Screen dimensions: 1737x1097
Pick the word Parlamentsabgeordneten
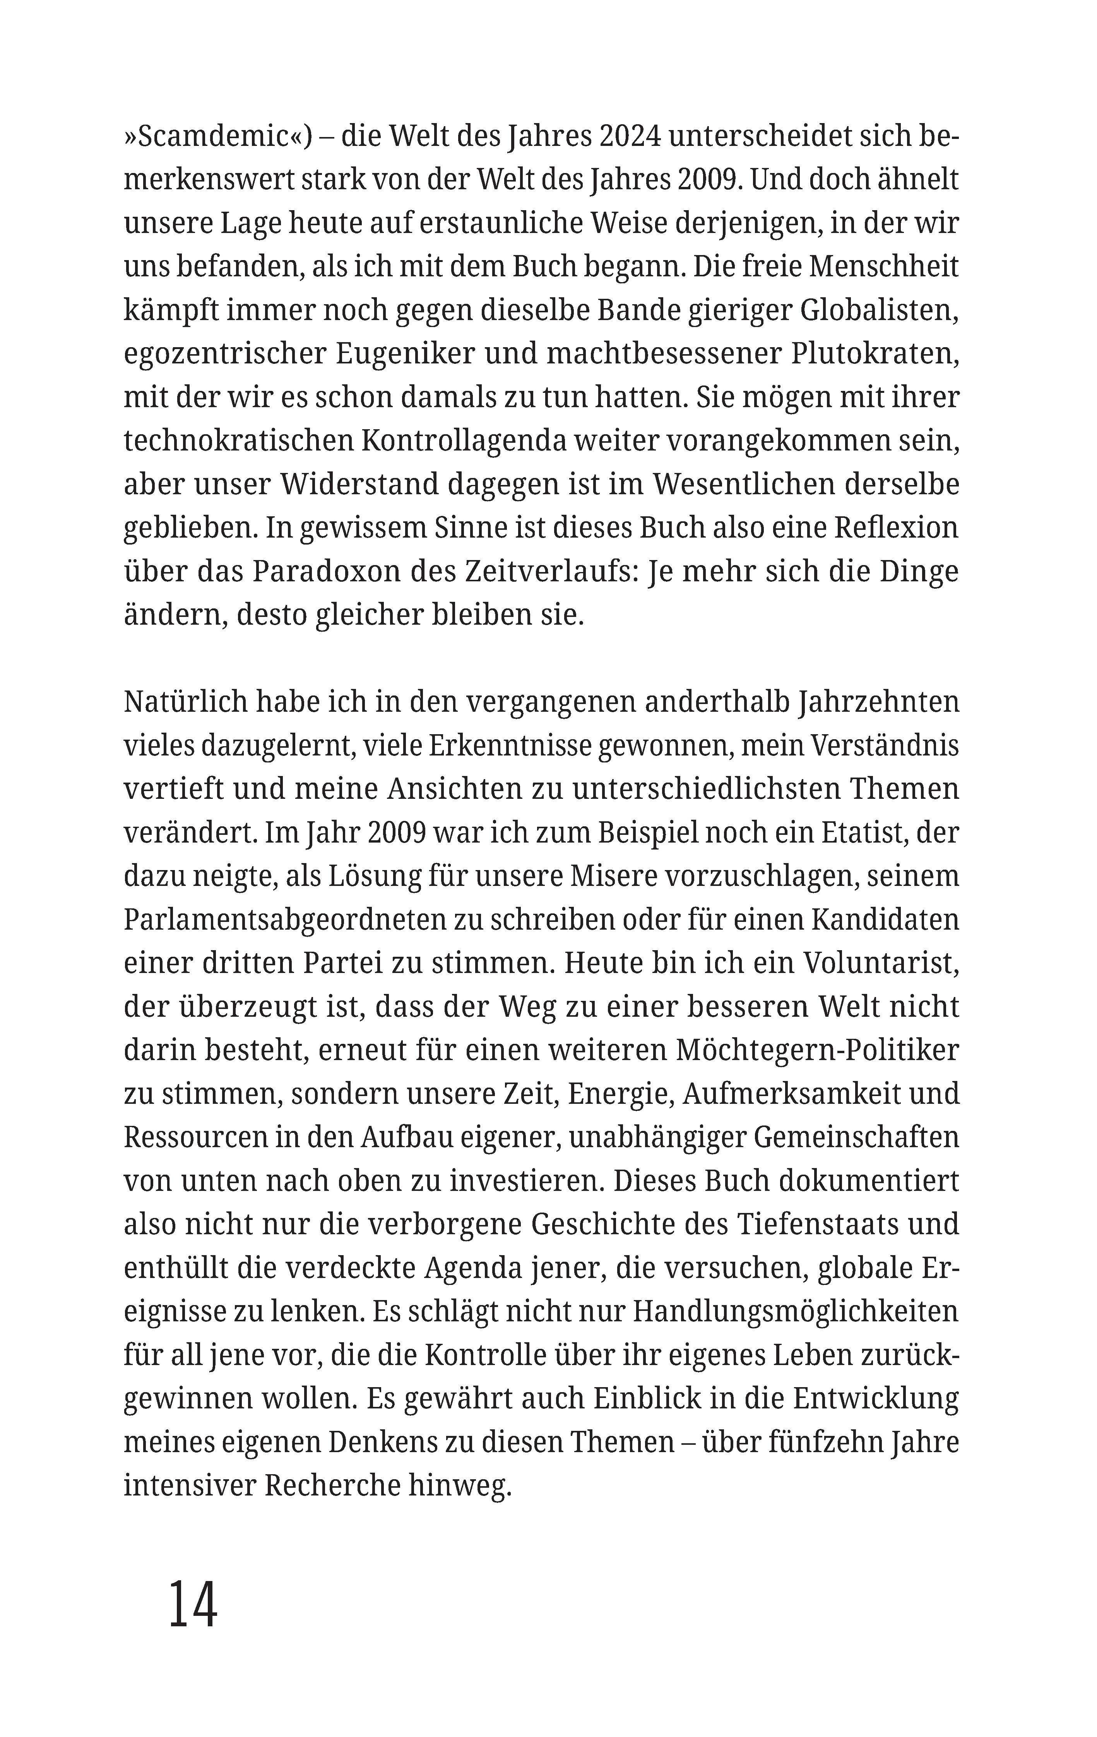click(283, 920)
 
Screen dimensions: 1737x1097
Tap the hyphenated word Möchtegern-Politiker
click(815, 1051)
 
